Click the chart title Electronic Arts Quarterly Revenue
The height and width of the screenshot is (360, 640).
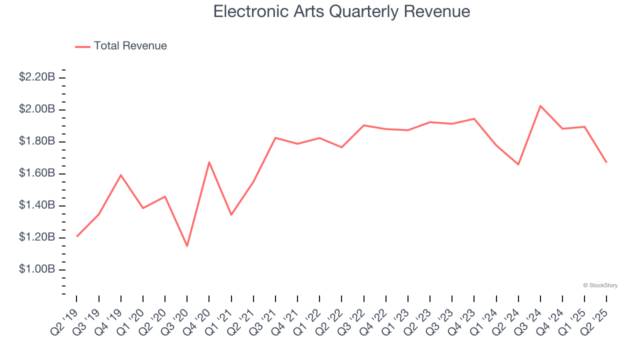pos(341,11)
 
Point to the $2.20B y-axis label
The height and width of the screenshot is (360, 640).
pos(37,77)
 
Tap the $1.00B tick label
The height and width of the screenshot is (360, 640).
pos(37,269)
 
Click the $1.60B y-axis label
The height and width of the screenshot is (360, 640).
pos(37,173)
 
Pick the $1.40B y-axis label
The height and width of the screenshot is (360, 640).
pos(37,205)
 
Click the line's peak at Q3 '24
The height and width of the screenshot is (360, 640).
pos(540,106)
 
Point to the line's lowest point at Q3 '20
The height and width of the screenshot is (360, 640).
pos(187,246)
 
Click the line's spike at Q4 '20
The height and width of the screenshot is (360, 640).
pos(209,162)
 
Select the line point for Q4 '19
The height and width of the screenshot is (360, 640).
pos(121,175)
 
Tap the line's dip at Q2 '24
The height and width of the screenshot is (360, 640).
pos(518,164)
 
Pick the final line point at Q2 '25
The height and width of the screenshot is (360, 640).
pos(606,162)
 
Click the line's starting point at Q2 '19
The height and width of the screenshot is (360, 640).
pos(77,236)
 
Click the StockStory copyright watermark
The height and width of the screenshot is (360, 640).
pos(600,285)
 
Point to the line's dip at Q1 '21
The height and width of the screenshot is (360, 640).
pos(231,215)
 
